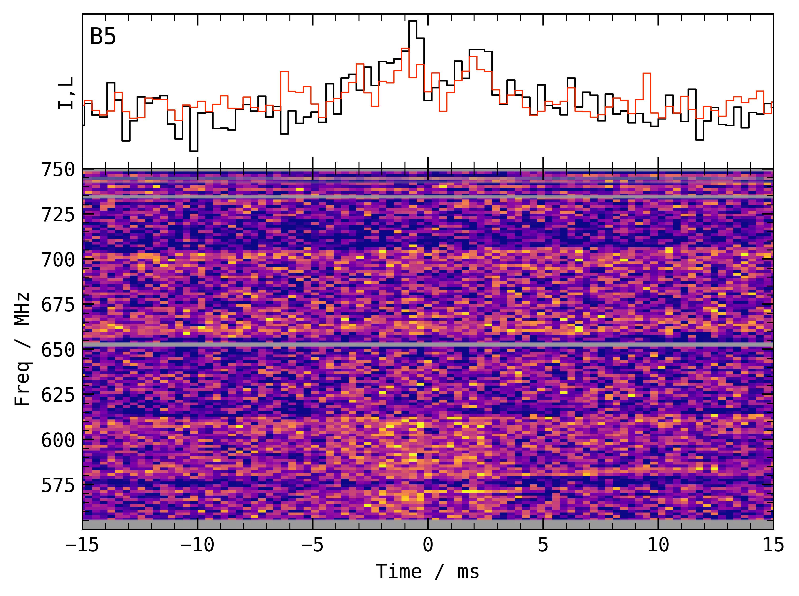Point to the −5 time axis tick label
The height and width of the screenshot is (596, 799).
(x=313, y=545)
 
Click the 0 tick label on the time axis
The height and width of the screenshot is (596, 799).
(x=428, y=545)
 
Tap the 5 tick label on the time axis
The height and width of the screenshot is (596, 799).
(x=543, y=545)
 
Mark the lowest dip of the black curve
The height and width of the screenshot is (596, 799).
(x=193, y=151)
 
